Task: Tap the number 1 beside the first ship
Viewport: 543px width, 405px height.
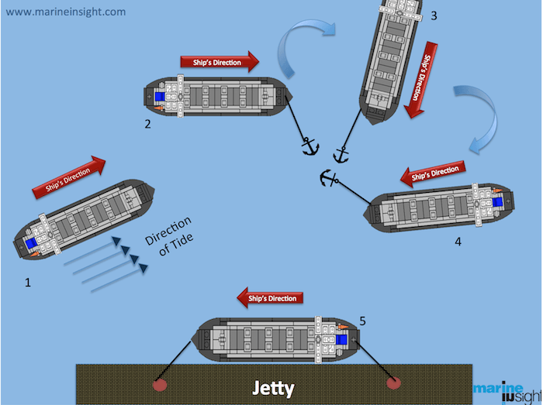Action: [28, 283]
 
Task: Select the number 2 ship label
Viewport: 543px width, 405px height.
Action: [147, 123]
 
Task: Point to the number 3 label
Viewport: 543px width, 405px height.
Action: [434, 15]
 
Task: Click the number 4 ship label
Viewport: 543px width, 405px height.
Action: [458, 242]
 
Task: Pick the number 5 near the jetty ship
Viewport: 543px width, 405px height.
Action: [362, 319]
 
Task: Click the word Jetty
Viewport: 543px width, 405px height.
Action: [272, 387]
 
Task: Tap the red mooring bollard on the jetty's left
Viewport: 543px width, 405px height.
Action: [160, 384]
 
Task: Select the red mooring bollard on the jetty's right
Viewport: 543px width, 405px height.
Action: [393, 383]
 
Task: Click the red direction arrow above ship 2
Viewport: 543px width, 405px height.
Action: [220, 63]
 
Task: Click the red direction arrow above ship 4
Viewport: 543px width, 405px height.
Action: [434, 173]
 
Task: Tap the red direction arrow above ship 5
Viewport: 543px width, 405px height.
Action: [271, 297]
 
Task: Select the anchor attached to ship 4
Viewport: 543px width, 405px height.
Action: [330, 180]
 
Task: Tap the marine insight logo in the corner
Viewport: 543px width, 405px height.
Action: [505, 392]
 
